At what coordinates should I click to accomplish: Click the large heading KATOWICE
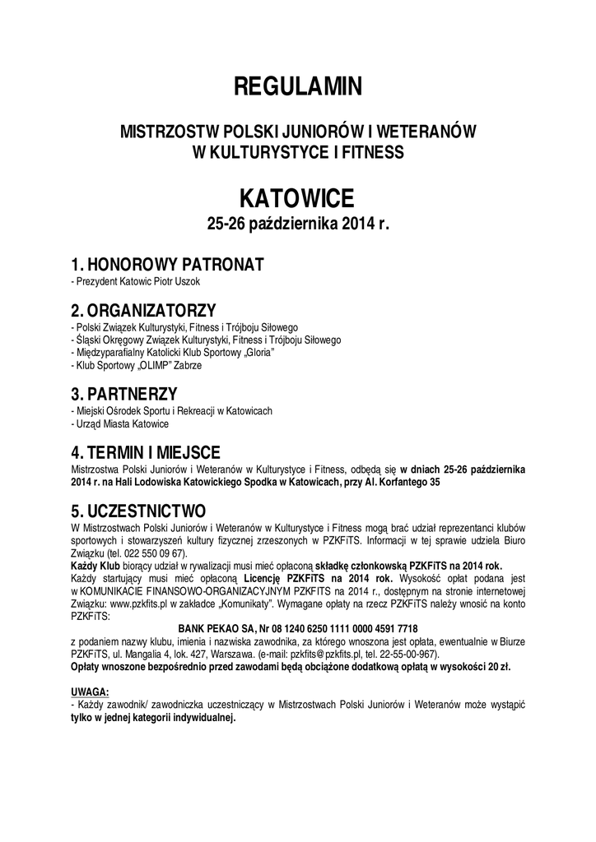click(297, 198)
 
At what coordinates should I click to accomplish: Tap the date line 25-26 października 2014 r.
click(297, 224)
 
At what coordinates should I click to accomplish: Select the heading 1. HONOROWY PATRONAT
click(167, 265)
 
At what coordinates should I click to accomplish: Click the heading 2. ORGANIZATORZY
click(144, 310)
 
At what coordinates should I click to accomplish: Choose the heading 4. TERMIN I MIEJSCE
click(156, 451)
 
